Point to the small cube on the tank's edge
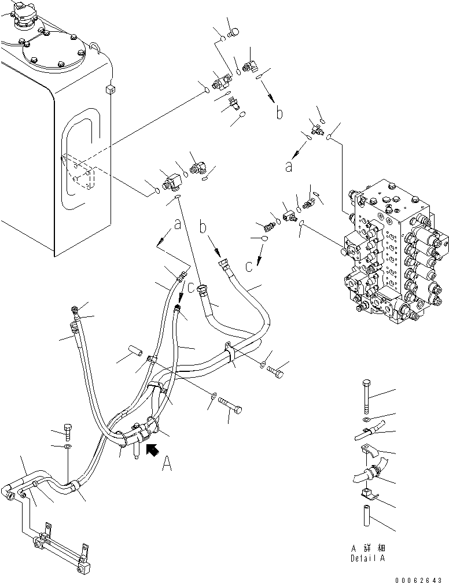click(x=110, y=88)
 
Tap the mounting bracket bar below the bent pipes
click(x=60, y=544)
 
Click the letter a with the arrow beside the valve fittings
click(x=288, y=167)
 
